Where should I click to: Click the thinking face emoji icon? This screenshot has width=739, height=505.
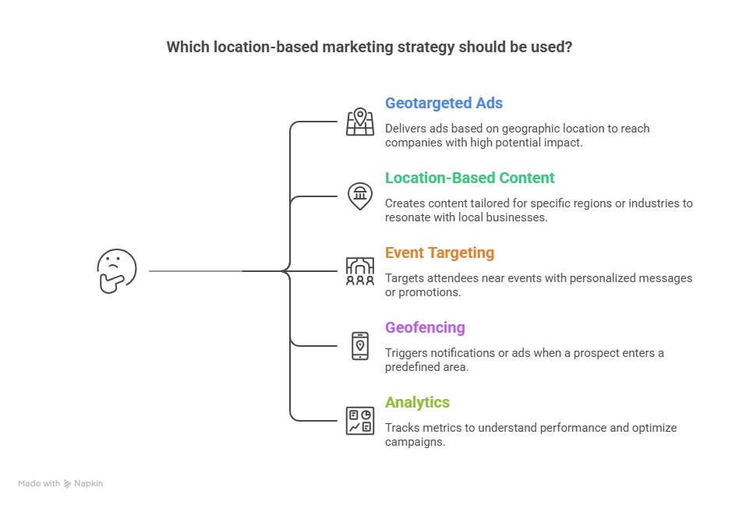117,271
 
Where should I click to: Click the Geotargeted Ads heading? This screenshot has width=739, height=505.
444,103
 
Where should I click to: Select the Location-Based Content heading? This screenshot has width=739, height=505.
469,178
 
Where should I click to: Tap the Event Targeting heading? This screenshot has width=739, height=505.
440,252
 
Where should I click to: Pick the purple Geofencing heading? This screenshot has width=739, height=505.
425,327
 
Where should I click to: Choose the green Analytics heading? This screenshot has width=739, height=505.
417,402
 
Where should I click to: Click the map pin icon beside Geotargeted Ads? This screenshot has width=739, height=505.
360,122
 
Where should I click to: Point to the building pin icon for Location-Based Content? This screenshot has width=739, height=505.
360,196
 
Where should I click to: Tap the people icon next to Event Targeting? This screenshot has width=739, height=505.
360,271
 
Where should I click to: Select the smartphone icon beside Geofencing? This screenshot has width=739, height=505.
360,345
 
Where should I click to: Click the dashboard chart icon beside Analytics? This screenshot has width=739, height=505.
360,421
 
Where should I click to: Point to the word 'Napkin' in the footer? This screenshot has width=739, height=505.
89,483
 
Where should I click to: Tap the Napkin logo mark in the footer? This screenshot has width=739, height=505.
68,484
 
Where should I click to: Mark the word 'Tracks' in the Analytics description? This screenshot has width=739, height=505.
401,428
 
